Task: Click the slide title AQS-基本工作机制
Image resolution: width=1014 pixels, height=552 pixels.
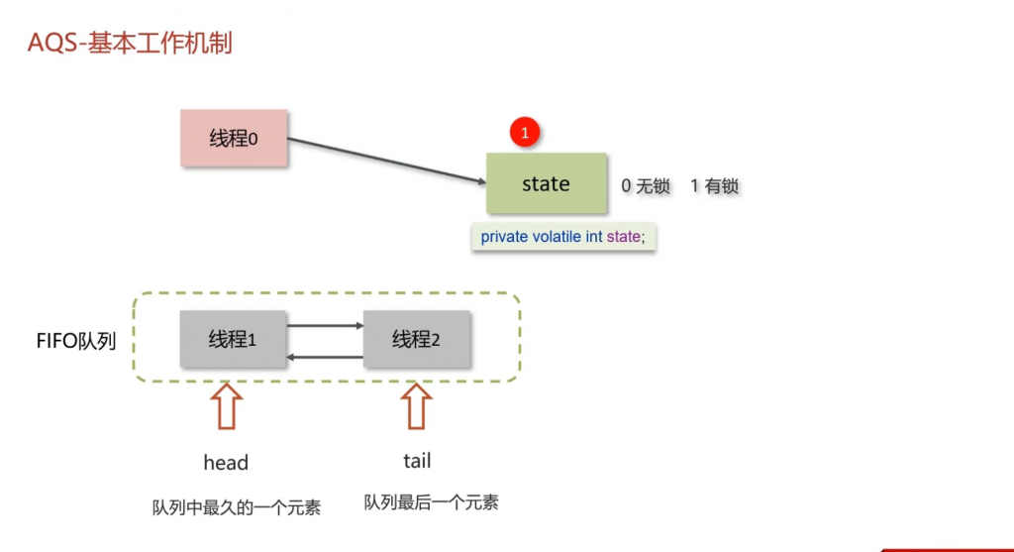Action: pyautogui.click(x=130, y=45)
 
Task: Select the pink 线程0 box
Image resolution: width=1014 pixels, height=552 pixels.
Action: pyautogui.click(x=234, y=138)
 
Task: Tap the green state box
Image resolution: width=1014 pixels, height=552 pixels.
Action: pyautogui.click(x=546, y=184)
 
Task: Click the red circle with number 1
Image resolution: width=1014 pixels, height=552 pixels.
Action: pyautogui.click(x=526, y=132)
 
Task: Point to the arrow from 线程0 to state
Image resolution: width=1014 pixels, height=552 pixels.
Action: pyautogui.click(x=386, y=161)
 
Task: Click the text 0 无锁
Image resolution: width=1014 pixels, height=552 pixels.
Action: pyautogui.click(x=646, y=185)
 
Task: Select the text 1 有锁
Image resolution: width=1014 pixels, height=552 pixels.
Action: pyautogui.click(x=714, y=185)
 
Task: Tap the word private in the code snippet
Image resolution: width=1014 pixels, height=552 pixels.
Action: pyautogui.click(x=505, y=237)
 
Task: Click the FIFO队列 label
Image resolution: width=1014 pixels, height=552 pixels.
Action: pyautogui.click(x=76, y=342)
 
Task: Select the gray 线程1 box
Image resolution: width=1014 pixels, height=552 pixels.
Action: pyautogui.click(x=233, y=339)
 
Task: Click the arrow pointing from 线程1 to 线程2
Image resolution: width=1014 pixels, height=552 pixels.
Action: pyautogui.click(x=325, y=324)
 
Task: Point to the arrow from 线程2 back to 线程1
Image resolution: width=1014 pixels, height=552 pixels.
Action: pyautogui.click(x=325, y=357)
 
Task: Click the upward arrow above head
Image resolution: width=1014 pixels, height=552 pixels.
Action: pyautogui.click(x=228, y=406)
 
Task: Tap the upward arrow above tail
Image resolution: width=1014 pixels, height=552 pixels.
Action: pyautogui.click(x=417, y=406)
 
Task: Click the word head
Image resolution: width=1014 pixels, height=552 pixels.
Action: pyautogui.click(x=226, y=463)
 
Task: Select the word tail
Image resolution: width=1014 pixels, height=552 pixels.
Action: pyautogui.click(x=417, y=461)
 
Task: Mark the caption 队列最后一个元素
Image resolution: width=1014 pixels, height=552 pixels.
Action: pyautogui.click(x=431, y=502)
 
